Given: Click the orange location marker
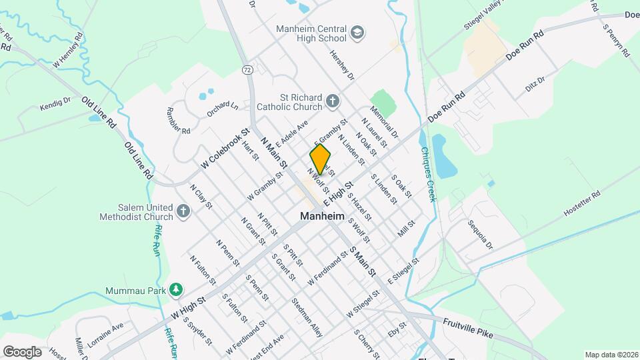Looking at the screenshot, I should [320, 159].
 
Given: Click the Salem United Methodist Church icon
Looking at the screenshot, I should [183, 212].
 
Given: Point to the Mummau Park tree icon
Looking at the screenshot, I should [176, 290].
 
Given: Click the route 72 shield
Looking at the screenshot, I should [247, 69].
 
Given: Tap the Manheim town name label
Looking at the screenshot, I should [322, 217].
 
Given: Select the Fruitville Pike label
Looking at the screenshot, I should [467, 327].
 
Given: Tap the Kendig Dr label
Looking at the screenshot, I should [55, 105].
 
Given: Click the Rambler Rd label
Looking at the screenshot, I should [178, 121].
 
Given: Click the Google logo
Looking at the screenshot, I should [22, 351].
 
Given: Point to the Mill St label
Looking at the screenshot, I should [406, 229].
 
